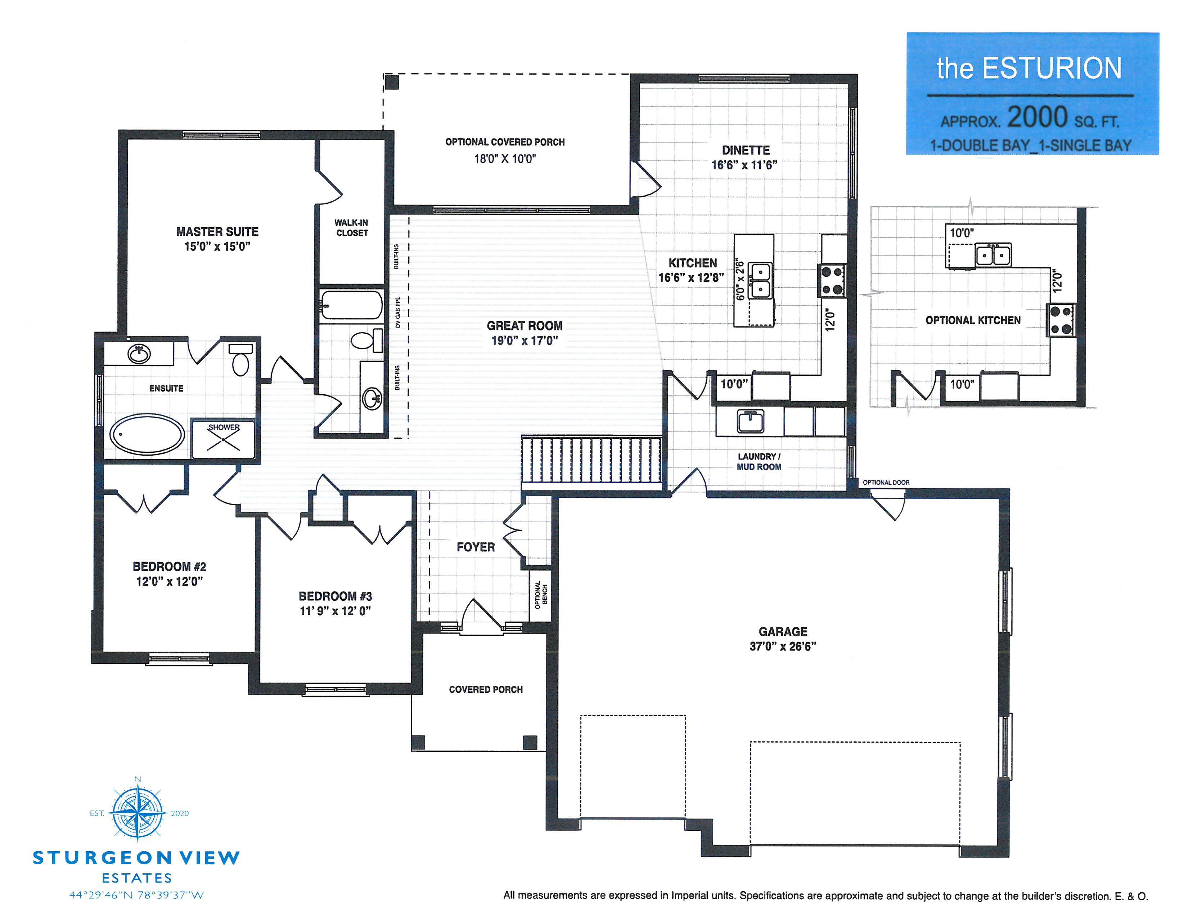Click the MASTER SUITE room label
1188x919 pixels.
[x=217, y=231]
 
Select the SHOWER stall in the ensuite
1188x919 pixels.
[x=223, y=439]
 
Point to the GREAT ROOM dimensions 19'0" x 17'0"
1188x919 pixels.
[x=525, y=341]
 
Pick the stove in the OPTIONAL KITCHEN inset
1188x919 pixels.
[x=1061, y=320]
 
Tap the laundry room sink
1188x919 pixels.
[x=750, y=421]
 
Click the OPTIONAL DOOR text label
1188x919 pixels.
[x=886, y=482]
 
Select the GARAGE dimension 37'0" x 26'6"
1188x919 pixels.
[x=783, y=646]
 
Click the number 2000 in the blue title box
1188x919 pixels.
[x=1037, y=116]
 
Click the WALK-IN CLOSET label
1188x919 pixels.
[x=351, y=227]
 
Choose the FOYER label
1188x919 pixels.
[x=476, y=547]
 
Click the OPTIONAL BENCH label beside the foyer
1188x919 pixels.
[x=541, y=595]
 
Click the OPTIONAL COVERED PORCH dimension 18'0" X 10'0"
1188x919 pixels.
[x=505, y=159]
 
